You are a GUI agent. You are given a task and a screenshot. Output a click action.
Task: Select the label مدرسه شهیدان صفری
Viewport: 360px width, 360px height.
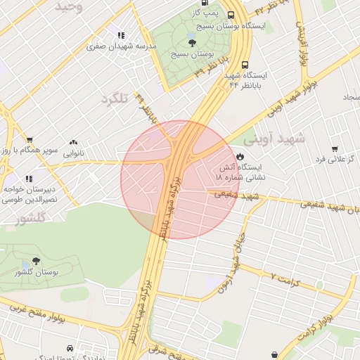click(121, 46)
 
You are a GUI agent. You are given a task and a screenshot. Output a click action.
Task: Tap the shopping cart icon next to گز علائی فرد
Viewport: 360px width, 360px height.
click(334, 148)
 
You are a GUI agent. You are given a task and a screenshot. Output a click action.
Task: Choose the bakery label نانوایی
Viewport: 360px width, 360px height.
click(74, 152)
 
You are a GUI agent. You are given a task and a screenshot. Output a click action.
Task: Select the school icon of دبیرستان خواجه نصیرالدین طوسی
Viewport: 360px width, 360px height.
click(29, 179)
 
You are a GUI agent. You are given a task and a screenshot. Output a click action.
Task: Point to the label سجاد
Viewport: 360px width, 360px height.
click(349, 96)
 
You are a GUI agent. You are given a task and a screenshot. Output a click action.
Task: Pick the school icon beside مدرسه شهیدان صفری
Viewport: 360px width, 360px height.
click(121, 35)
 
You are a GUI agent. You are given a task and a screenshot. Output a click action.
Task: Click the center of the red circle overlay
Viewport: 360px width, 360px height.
click(179, 179)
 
